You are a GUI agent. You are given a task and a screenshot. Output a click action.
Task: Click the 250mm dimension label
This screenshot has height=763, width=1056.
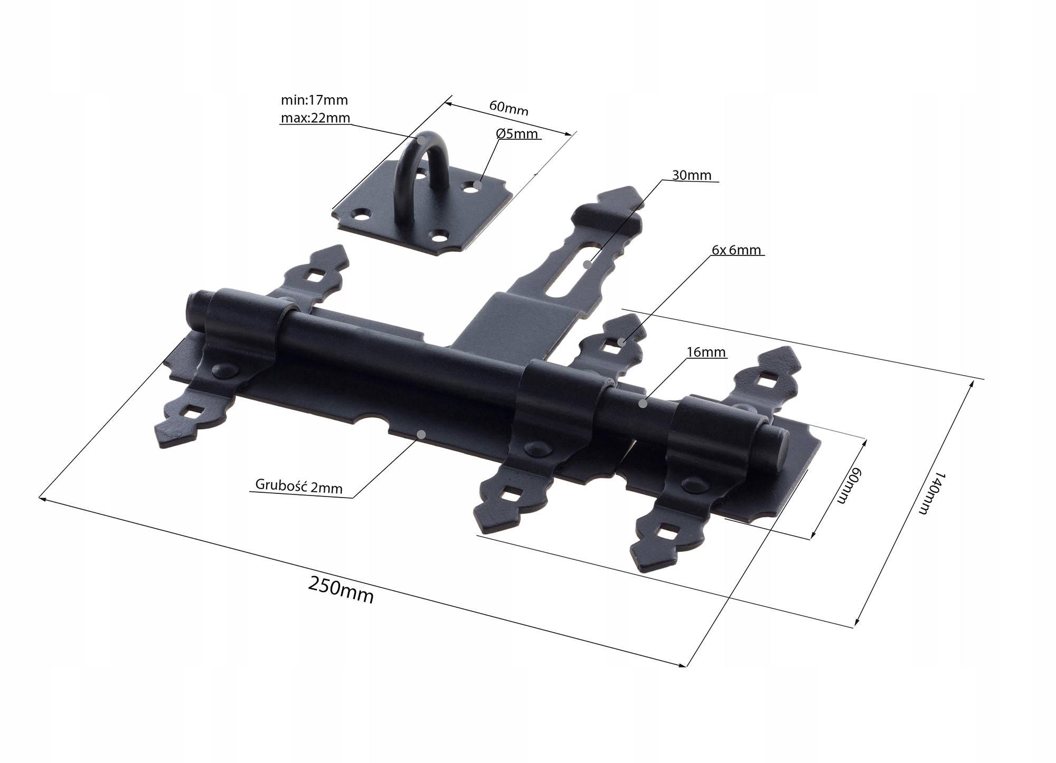tap(341, 590)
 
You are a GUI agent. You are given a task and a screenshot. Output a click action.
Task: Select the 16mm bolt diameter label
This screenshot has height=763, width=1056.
tap(706, 352)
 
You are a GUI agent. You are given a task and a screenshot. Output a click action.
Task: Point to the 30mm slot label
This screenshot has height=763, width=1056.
tap(692, 175)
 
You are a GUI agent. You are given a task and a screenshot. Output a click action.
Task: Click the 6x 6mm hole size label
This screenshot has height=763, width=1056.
tap(736, 250)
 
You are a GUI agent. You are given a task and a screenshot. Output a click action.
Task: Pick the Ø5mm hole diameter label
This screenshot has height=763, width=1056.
tap(517, 134)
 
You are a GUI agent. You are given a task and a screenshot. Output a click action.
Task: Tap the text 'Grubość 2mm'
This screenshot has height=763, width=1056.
tap(299, 486)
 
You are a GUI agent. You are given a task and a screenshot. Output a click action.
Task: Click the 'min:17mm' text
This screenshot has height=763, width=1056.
tap(314, 100)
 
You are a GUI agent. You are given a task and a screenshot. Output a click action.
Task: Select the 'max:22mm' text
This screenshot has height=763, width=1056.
tap(315, 118)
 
